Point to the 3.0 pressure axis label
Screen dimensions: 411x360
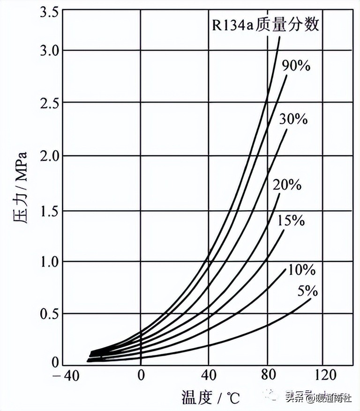48,50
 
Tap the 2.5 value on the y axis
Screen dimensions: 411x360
48,102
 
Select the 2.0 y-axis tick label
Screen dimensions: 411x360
48,155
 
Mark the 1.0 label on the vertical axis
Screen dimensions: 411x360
48,261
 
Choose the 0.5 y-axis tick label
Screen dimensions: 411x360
48,313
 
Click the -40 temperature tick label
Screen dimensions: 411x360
66,375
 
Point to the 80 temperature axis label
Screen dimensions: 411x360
268,375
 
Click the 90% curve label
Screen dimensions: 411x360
296,66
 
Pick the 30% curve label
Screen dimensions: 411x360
293,119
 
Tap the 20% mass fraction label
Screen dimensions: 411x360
287,185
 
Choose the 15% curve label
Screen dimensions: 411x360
291,220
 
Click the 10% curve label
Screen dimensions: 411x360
301,270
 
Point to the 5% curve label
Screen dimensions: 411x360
307,292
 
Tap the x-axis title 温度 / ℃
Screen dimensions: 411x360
210,398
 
